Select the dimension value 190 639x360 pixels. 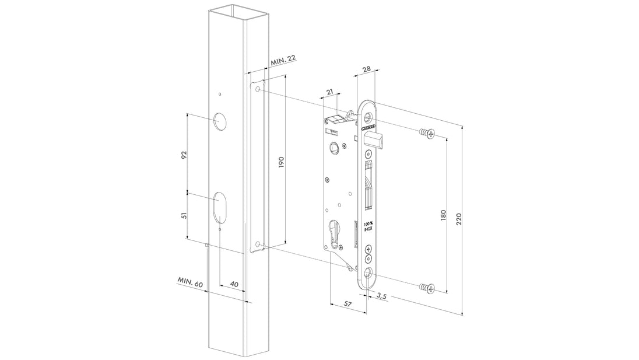point(280,162)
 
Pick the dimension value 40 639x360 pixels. point(234,284)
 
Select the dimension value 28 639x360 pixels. point(366,69)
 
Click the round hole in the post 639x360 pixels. point(220,121)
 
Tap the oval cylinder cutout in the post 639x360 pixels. point(220,207)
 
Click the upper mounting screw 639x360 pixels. point(427,135)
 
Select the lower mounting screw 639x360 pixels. point(427,288)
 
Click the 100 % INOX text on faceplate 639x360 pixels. point(368,227)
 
